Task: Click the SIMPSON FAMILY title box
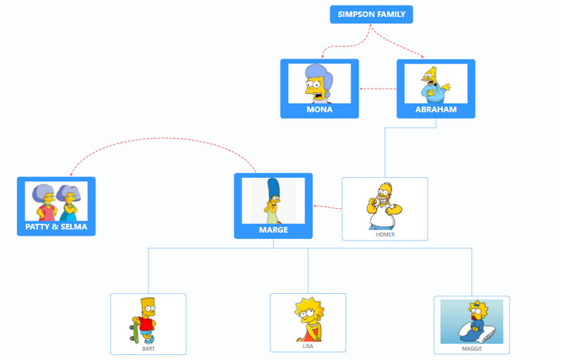point(372,14)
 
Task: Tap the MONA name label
point(320,110)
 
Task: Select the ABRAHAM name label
point(436,110)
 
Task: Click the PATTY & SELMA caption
point(56,226)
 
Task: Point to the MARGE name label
point(273,229)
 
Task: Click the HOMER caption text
point(385,235)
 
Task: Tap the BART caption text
point(148,349)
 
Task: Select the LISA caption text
point(308,346)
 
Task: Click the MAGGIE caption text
point(471,349)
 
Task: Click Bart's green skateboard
point(135,332)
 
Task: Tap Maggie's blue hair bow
point(476,305)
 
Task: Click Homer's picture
point(384,206)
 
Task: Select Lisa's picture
point(309,319)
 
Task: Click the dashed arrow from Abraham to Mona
point(378,89)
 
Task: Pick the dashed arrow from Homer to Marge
point(327,207)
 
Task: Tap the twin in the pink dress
point(44,202)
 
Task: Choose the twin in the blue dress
point(69,203)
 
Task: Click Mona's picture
point(319,84)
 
